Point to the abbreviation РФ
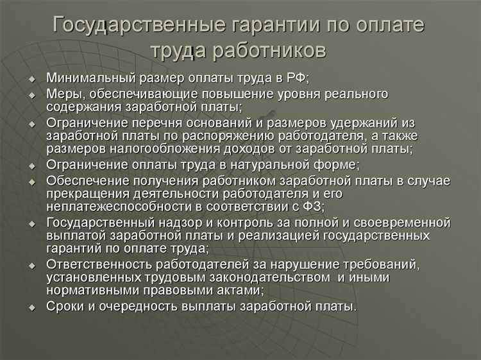click(296, 78)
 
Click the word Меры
click(62, 94)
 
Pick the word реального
click(356, 94)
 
